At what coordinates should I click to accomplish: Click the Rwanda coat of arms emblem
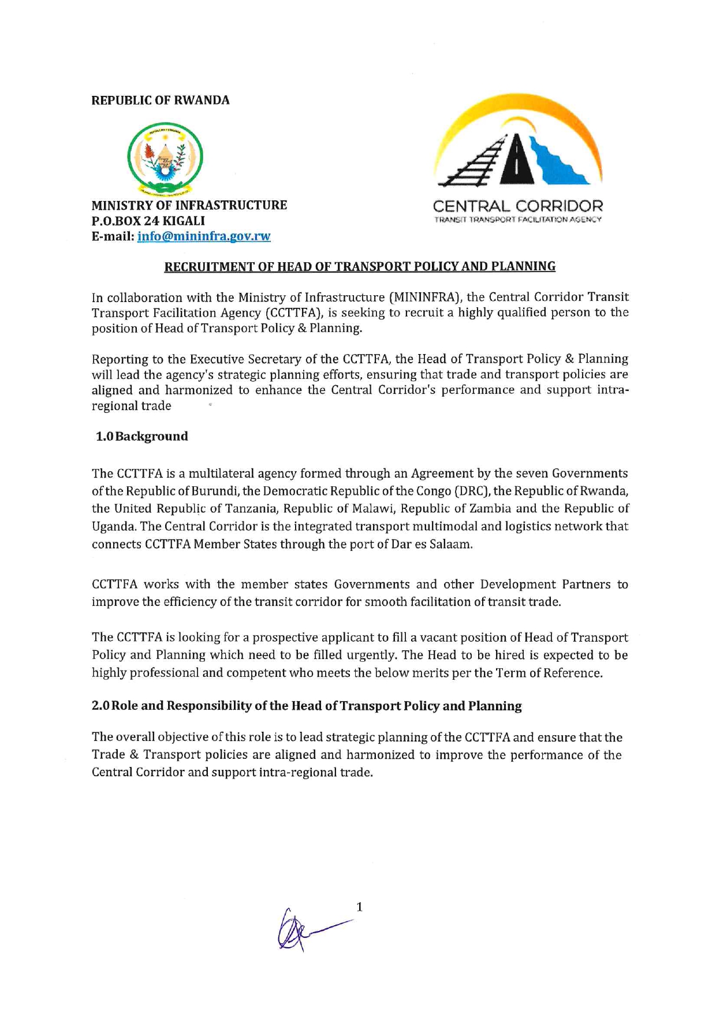click(x=165, y=157)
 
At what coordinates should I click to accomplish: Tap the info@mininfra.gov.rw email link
click(x=204, y=236)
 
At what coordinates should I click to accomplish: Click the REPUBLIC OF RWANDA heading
click(x=161, y=100)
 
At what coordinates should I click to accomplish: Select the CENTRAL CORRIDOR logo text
click(x=517, y=206)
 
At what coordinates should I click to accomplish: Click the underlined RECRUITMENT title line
click(x=360, y=267)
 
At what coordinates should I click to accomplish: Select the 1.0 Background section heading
click(x=142, y=437)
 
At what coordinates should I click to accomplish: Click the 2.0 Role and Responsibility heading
click(x=307, y=706)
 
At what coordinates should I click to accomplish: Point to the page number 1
click(x=359, y=907)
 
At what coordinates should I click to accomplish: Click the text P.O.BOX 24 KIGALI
click(x=148, y=221)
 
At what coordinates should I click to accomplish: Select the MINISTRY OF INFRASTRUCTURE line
click(x=189, y=206)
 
